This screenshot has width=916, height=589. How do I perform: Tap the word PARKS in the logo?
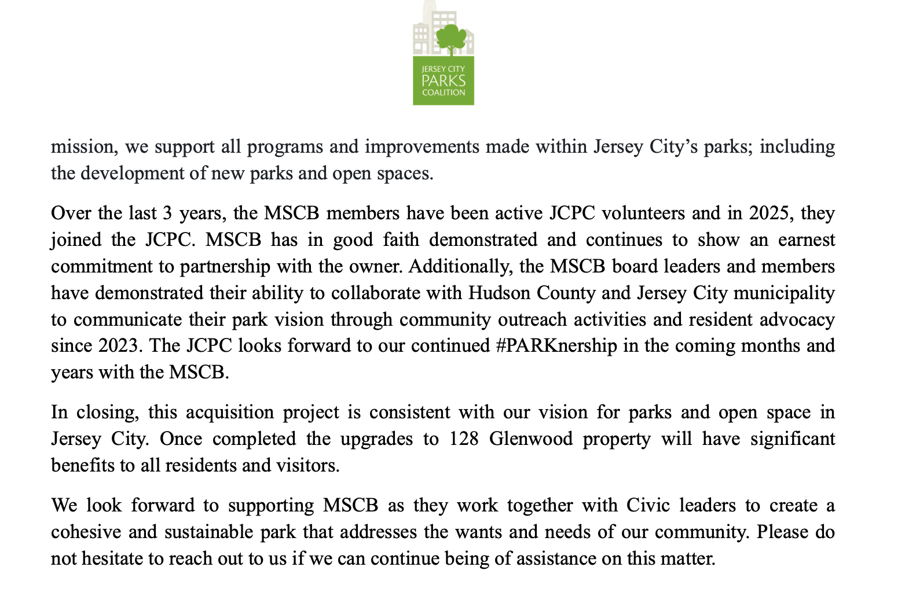444,81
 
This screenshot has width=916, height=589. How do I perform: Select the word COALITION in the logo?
444,93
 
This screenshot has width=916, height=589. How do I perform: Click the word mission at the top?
82,147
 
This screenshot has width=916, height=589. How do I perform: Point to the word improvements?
422,147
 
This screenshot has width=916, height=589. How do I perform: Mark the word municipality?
784,293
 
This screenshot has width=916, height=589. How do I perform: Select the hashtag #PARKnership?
556,346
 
